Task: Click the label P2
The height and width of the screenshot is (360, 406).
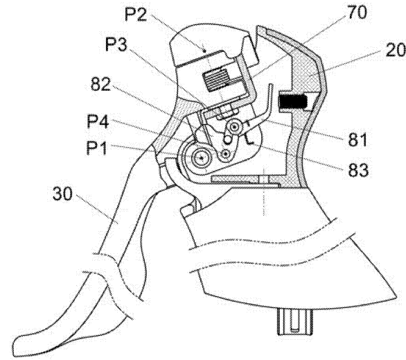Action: (136, 15)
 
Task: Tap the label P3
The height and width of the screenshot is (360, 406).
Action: (116, 44)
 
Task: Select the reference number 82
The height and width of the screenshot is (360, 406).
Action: (100, 84)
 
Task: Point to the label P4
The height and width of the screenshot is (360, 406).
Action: (98, 121)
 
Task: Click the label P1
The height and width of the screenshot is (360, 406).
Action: (96, 148)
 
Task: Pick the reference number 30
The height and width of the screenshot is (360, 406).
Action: (62, 194)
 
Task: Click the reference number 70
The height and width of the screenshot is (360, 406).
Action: (357, 12)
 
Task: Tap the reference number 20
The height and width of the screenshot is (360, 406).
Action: (396, 50)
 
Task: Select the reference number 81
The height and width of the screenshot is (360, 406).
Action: (358, 139)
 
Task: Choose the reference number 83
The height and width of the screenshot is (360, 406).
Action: (358, 170)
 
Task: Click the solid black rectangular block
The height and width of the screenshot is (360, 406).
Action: (292, 101)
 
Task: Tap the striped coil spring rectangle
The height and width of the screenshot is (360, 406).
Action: (215, 80)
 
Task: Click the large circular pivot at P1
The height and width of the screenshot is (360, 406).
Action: (202, 157)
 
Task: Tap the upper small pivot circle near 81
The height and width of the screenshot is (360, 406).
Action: (235, 127)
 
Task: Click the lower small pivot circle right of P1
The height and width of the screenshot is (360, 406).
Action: (227, 154)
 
